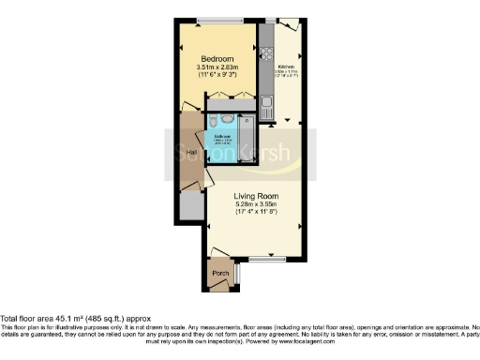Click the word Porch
click(x=220, y=273)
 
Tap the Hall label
click(x=191, y=152)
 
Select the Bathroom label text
click(x=222, y=135)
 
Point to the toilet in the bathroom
click(x=215, y=121)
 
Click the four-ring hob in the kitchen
click(x=265, y=41)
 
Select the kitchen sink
click(x=266, y=101)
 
